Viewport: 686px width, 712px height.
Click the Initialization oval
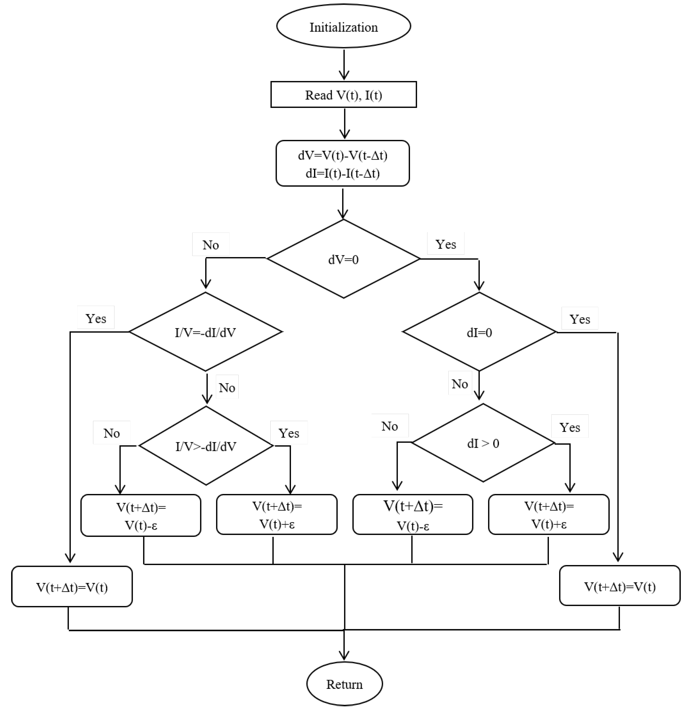click(x=343, y=26)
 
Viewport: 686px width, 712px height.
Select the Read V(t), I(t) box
click(x=343, y=94)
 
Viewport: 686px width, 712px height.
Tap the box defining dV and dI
click(x=343, y=164)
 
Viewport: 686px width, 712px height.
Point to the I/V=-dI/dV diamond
click(x=205, y=332)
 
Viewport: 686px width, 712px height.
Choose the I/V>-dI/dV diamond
click(x=206, y=446)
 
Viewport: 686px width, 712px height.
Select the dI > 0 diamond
click(x=483, y=443)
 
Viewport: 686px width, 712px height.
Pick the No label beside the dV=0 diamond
click(x=211, y=244)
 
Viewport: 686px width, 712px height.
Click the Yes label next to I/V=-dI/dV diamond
click(x=96, y=318)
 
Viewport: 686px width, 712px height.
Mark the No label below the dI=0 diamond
click(x=459, y=383)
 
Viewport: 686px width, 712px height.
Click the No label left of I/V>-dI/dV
click(x=111, y=433)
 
